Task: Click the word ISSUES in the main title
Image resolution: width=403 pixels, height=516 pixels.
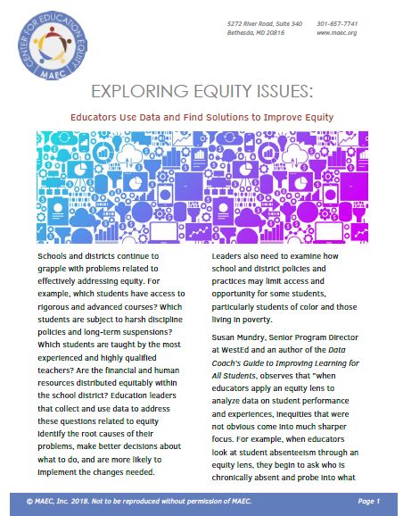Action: click(280, 91)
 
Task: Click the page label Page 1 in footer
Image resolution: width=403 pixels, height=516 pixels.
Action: click(364, 503)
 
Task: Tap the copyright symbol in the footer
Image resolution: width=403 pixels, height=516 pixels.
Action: click(32, 503)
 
